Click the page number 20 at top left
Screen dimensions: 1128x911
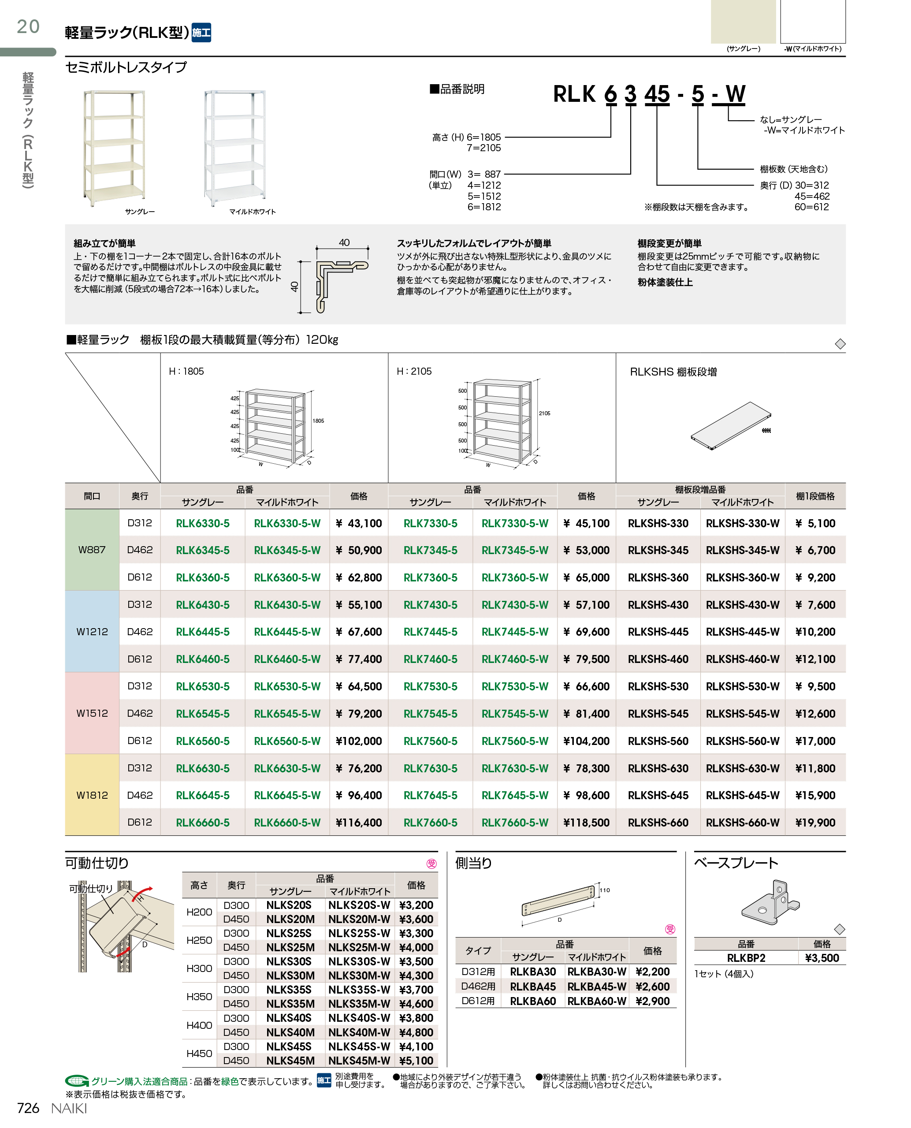click(28, 26)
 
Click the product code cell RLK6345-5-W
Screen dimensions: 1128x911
click(287, 550)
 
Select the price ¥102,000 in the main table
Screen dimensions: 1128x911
click(358, 741)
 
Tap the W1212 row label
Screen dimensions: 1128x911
click(92, 632)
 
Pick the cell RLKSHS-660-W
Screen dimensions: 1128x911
click(742, 823)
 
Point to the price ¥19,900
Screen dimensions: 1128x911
click(815, 823)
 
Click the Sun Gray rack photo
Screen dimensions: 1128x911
click(115, 148)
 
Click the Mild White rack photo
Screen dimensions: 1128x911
click(234, 148)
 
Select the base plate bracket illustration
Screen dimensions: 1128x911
click(770, 902)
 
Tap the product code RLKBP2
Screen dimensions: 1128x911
click(746, 958)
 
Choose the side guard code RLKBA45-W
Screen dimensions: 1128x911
click(597, 986)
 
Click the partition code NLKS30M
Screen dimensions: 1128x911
click(290, 975)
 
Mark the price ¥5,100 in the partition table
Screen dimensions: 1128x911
click(416, 1060)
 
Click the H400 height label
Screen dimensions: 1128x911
click(199, 1025)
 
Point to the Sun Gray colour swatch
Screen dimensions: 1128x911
click(743, 22)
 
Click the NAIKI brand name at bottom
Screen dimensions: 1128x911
click(69, 1108)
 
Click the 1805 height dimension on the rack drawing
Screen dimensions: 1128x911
click(318, 421)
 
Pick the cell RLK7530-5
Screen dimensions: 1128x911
click(430, 686)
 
